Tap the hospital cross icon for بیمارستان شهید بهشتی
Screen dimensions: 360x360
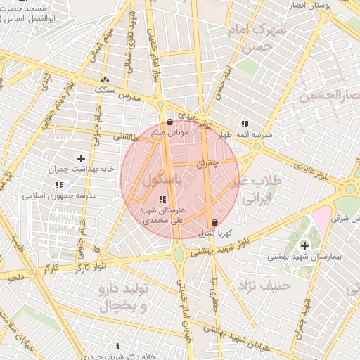[304, 245]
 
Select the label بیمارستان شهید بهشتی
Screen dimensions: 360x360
[304, 257]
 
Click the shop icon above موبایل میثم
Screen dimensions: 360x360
[169, 122]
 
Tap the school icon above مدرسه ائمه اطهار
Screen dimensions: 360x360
[244, 123]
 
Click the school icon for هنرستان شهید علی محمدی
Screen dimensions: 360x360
[163, 200]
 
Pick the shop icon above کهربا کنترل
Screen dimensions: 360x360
[214, 222]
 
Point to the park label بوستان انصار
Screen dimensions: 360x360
[333, 6]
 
